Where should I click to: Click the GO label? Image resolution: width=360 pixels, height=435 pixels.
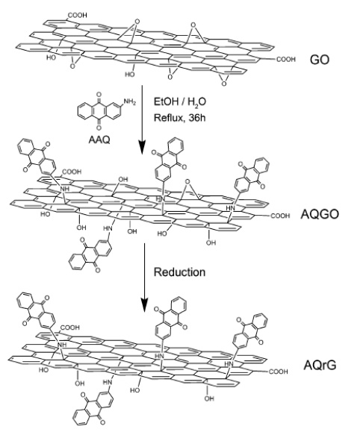(320, 60)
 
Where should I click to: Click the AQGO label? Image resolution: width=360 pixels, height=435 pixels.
(320, 214)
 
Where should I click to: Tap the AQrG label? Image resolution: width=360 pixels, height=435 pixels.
(320, 365)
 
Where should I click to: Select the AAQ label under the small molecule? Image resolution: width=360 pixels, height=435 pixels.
(99, 140)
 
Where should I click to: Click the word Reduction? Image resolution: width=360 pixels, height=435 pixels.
(179, 272)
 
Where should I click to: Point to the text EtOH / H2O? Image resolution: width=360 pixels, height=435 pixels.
(180, 101)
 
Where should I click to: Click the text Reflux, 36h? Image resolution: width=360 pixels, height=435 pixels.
(179, 118)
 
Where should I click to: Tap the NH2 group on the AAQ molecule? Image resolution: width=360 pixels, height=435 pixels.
(130, 101)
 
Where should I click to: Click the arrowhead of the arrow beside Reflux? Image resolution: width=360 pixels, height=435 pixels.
(142, 148)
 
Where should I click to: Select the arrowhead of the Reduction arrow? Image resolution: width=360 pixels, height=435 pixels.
(144, 305)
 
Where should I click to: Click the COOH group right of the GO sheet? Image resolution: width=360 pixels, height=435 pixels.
(286, 59)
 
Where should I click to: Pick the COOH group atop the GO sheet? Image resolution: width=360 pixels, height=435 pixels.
(77, 16)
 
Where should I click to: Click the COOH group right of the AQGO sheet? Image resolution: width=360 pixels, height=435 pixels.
(280, 216)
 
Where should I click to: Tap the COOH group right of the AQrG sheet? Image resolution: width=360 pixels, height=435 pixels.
(279, 372)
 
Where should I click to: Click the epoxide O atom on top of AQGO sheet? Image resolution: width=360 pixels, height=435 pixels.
(187, 182)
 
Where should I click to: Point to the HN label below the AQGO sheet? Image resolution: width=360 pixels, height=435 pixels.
(108, 228)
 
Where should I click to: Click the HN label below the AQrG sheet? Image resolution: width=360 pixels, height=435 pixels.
(108, 382)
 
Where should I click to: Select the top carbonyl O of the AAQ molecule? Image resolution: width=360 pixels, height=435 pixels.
(99, 95)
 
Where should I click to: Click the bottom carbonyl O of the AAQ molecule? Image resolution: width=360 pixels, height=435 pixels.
(99, 128)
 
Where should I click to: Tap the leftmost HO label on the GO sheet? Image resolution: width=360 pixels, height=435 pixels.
(51, 57)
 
